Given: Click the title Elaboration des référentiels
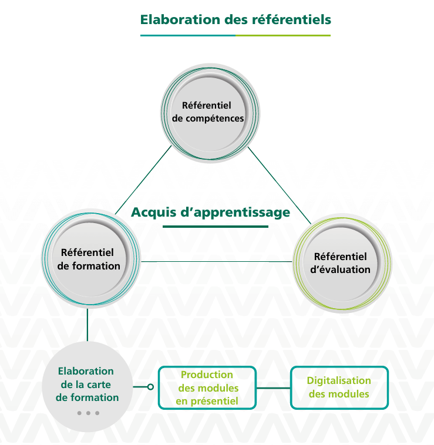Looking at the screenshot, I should (x=235, y=19).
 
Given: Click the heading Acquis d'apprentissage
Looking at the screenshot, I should (x=210, y=212).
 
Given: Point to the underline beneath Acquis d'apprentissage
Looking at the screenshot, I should (x=211, y=227).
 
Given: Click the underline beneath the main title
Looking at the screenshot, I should (x=235, y=35).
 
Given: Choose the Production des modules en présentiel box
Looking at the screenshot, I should (x=207, y=387).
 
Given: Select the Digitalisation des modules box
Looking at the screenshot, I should (x=339, y=387).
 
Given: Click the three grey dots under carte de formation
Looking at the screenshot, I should (x=88, y=413).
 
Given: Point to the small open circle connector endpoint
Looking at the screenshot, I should (x=150, y=387).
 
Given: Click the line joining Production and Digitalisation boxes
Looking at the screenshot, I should (x=274, y=387).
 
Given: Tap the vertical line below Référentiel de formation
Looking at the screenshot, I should (x=88, y=323).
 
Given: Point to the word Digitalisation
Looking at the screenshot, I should (x=339, y=381).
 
